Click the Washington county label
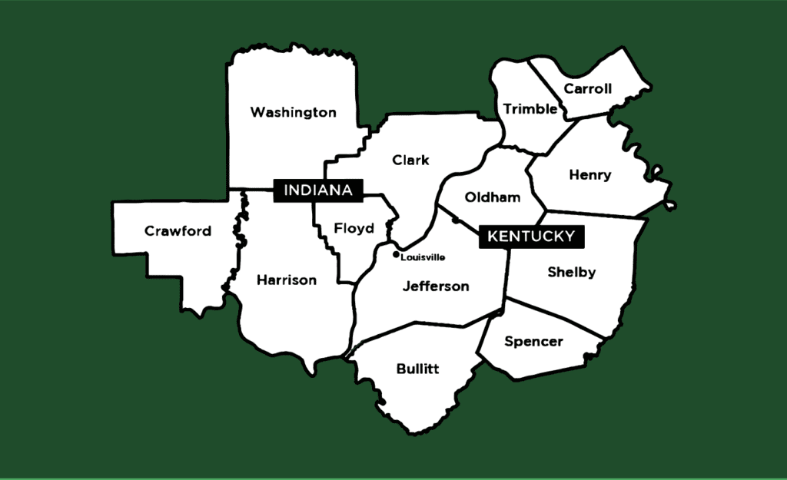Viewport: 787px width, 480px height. point(293,113)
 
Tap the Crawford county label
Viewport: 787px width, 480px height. point(178,231)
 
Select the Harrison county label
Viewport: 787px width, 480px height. point(286,280)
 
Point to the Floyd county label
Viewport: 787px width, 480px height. point(354,228)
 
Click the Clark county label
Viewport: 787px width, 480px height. point(410,161)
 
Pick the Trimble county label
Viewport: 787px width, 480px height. point(530,109)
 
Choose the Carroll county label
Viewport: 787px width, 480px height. point(587,89)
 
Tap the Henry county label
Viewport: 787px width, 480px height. point(589,175)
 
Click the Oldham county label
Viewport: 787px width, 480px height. point(492,197)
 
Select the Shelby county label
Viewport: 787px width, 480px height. point(571,272)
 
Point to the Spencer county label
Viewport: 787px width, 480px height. point(533,342)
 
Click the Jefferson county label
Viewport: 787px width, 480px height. point(436,286)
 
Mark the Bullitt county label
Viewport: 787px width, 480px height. point(417,369)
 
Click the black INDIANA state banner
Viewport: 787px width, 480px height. point(318,190)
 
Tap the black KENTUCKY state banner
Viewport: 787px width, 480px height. point(531,237)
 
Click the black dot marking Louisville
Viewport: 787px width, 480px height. point(396,254)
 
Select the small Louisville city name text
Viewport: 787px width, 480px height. point(423,257)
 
